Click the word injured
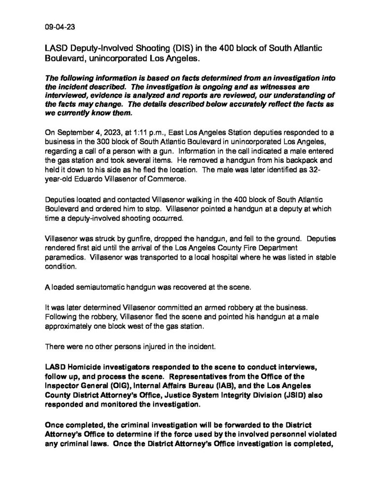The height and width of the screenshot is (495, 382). click(148, 345)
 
